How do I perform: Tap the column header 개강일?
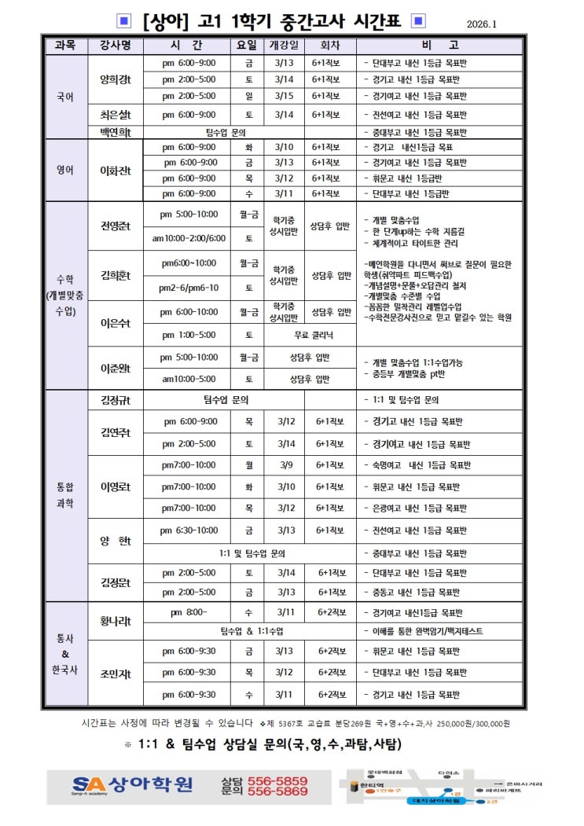tap(284, 46)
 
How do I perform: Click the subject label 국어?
tap(65, 97)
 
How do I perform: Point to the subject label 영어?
tap(65, 171)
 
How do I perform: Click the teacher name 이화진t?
tap(115, 171)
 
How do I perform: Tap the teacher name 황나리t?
tap(115, 621)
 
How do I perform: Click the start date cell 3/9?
tap(286, 464)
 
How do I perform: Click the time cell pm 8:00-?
tap(189, 611)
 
